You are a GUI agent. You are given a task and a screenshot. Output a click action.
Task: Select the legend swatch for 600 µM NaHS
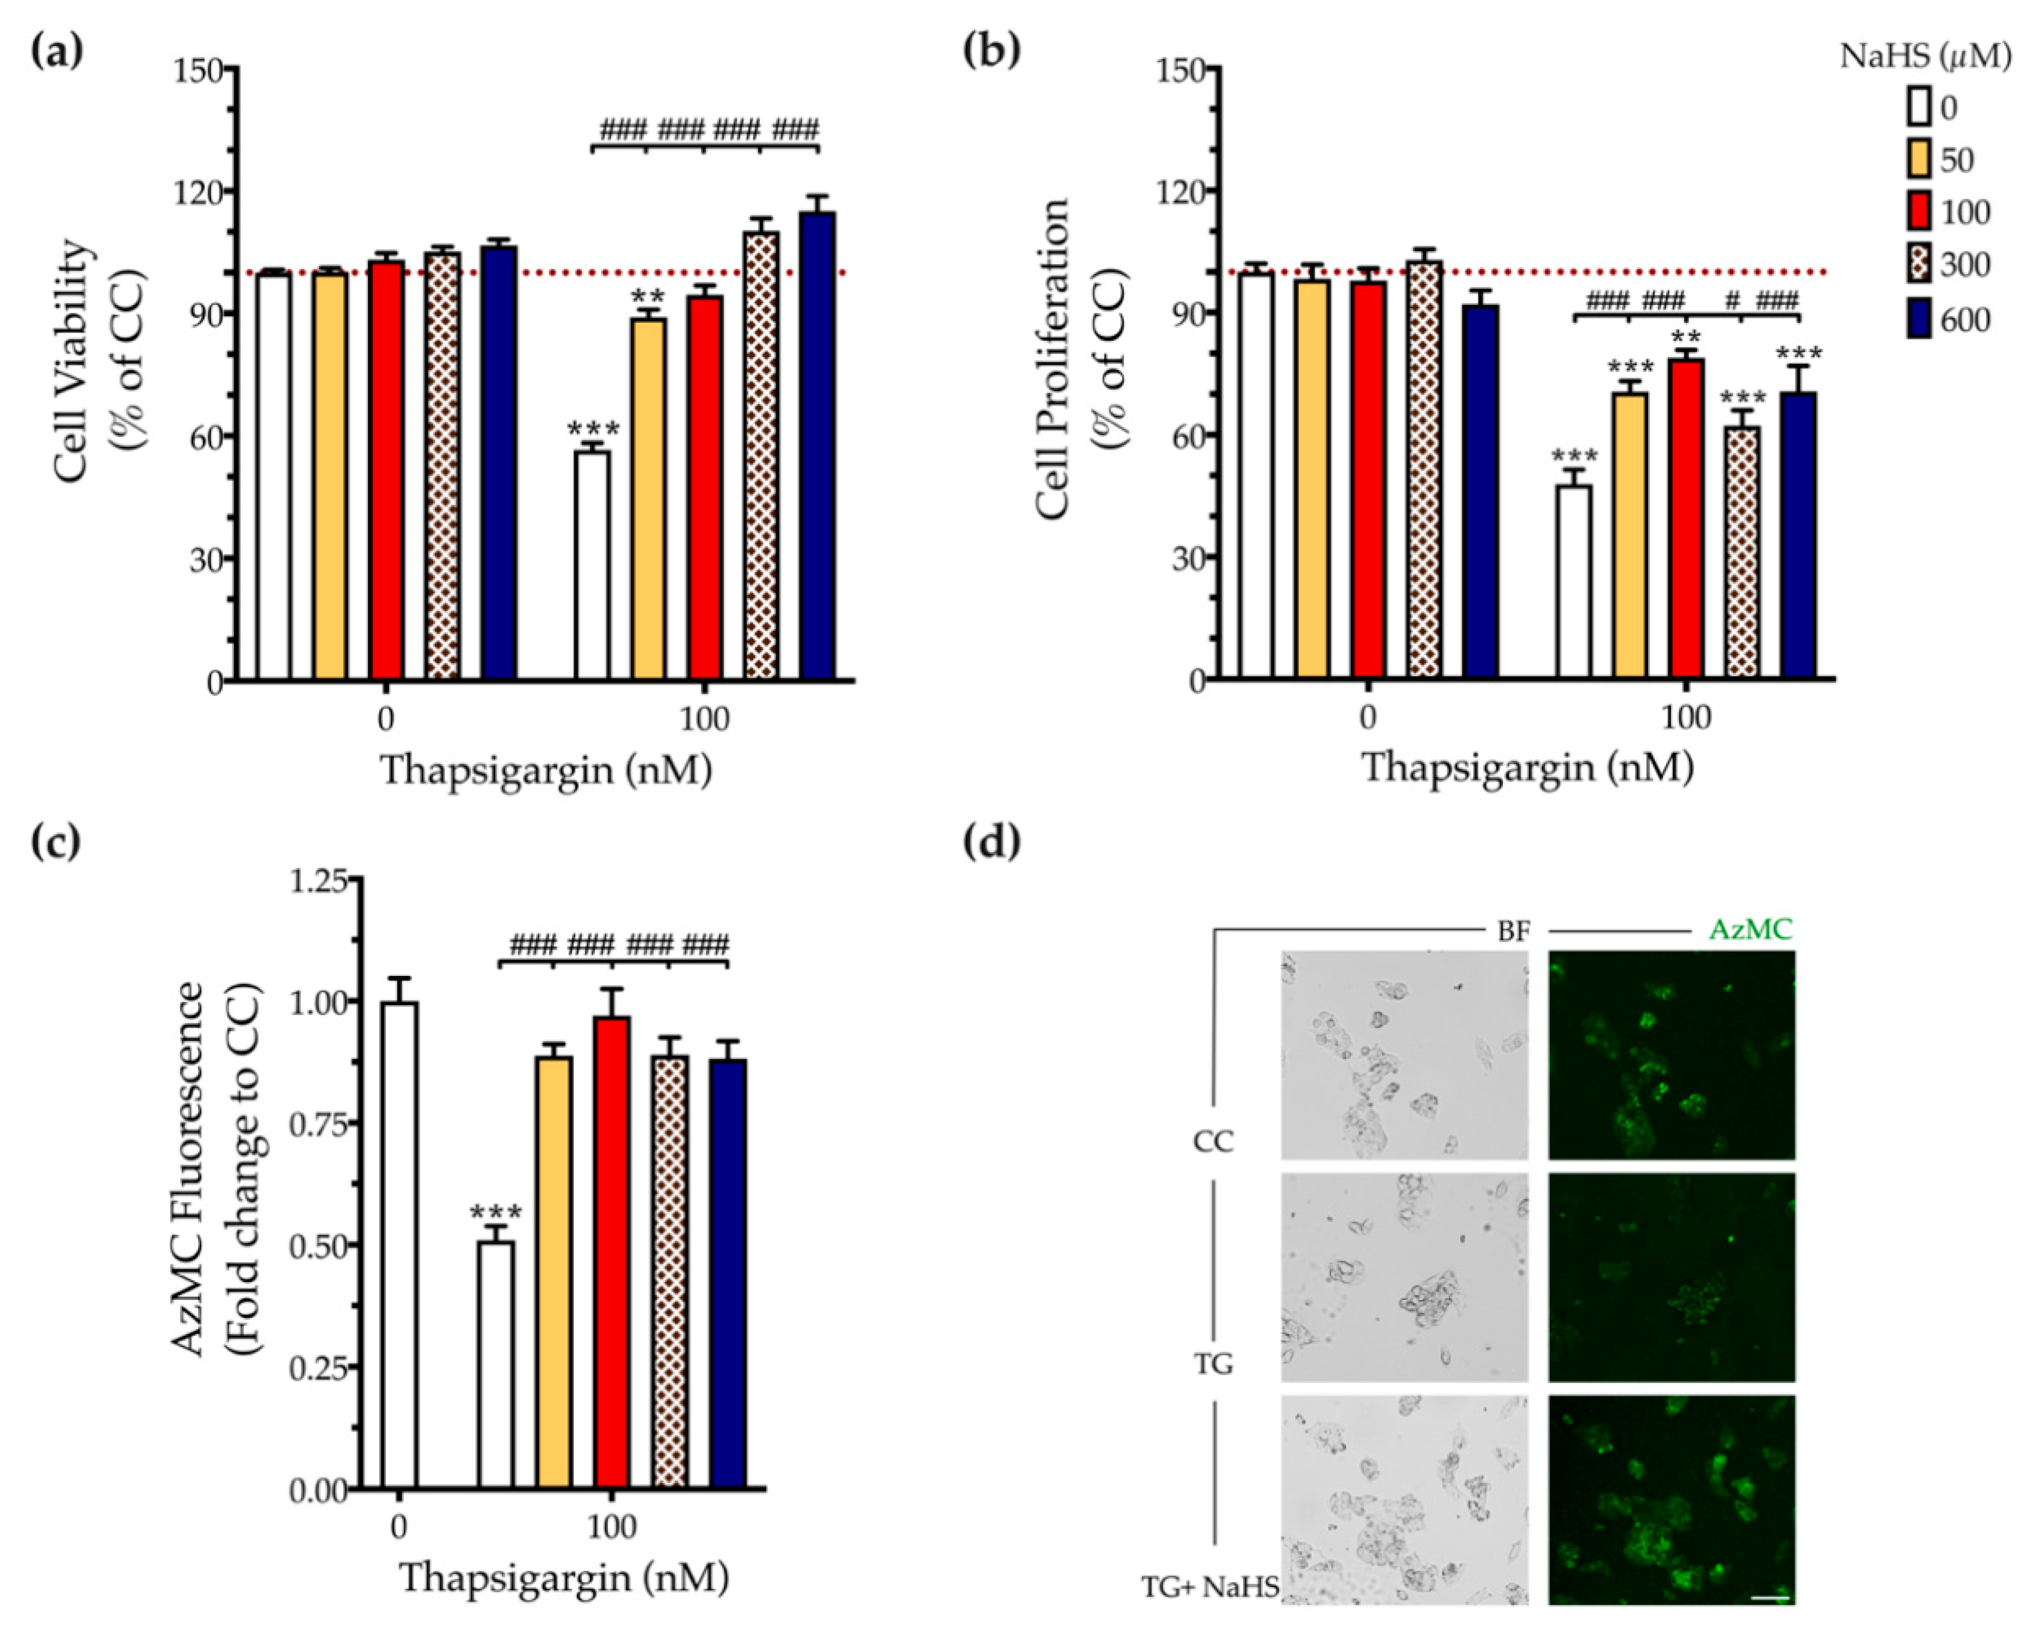tap(1919, 320)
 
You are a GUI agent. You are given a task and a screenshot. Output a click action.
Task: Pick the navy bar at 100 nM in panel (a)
tap(817, 446)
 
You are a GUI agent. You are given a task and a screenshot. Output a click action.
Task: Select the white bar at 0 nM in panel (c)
tap(399, 1244)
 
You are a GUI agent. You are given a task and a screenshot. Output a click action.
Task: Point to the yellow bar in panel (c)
tap(554, 1272)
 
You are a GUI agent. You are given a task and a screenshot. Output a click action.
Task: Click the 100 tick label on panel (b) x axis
tap(1686, 718)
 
